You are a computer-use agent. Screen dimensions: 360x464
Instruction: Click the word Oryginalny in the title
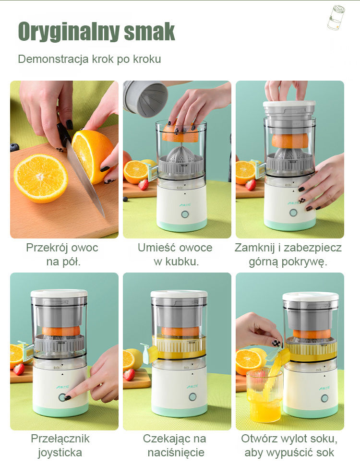point(69,32)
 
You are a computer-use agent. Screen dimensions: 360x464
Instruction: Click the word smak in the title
point(149,31)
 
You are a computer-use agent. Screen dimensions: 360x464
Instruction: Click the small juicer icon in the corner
point(336,17)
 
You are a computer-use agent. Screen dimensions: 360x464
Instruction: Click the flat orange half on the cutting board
point(41,178)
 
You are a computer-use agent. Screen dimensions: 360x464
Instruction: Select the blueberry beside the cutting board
point(14,147)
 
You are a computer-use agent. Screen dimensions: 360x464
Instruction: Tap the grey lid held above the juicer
point(145,98)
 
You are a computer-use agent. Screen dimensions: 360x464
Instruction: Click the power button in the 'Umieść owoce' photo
point(185,214)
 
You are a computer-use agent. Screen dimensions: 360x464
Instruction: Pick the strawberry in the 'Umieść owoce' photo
point(144,185)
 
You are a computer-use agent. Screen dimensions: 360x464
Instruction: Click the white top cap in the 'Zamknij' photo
point(289,104)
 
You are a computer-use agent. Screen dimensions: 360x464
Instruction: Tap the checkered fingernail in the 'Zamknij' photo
point(301,201)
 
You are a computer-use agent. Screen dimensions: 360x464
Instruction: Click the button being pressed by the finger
point(62,397)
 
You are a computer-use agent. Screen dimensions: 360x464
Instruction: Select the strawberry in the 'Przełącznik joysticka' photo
point(19,369)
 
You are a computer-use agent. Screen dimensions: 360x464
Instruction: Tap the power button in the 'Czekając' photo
point(192,396)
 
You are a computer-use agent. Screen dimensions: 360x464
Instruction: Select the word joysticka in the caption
point(60,453)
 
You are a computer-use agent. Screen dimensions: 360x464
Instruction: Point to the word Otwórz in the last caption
point(259,439)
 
